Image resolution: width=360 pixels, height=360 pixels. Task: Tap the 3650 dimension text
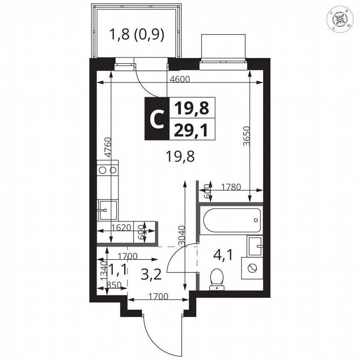[x=247, y=136]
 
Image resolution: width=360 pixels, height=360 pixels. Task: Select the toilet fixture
[x=216, y=278]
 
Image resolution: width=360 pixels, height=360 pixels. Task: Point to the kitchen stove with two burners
[x=108, y=170]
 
